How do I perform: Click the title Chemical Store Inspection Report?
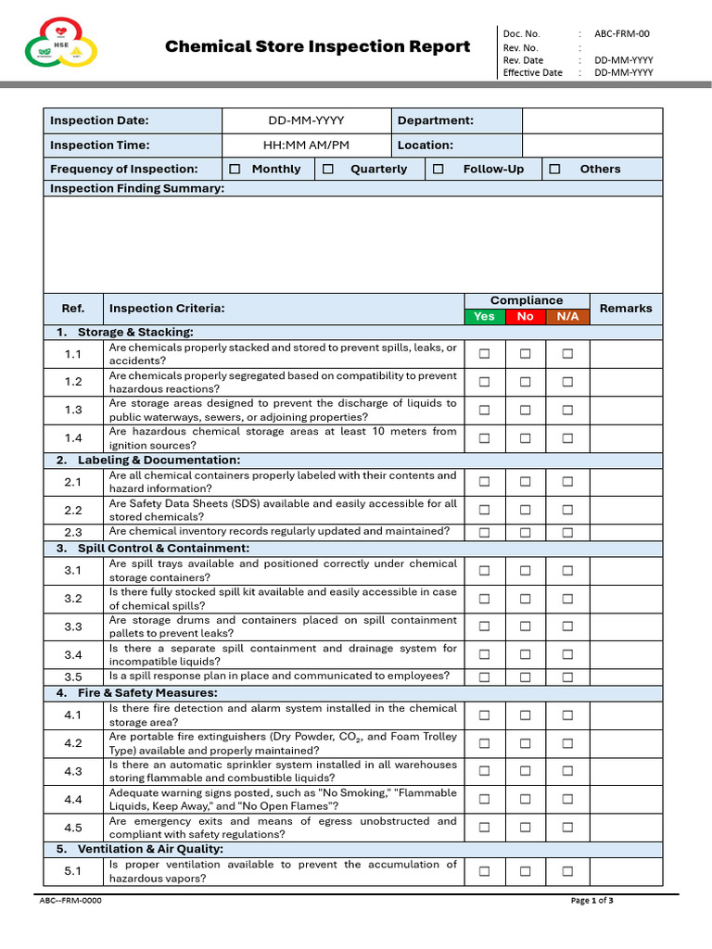click(x=317, y=46)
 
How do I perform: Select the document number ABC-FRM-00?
click(x=622, y=33)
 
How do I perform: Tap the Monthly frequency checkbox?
click(x=235, y=169)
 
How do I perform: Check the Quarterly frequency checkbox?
click(x=328, y=169)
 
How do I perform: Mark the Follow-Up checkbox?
click(x=439, y=169)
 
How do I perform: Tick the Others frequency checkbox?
click(x=554, y=169)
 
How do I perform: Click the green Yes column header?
click(x=484, y=316)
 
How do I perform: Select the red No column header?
click(x=526, y=316)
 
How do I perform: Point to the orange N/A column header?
click(x=567, y=316)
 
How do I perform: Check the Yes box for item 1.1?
click(x=484, y=354)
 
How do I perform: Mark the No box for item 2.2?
click(x=526, y=510)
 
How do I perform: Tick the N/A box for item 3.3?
click(x=567, y=626)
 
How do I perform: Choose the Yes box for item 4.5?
click(x=484, y=828)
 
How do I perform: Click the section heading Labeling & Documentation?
click(x=159, y=461)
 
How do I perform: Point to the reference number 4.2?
click(x=73, y=743)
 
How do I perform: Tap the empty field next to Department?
click(x=592, y=120)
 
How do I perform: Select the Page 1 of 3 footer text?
click(x=592, y=901)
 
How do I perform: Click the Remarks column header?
click(x=626, y=308)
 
